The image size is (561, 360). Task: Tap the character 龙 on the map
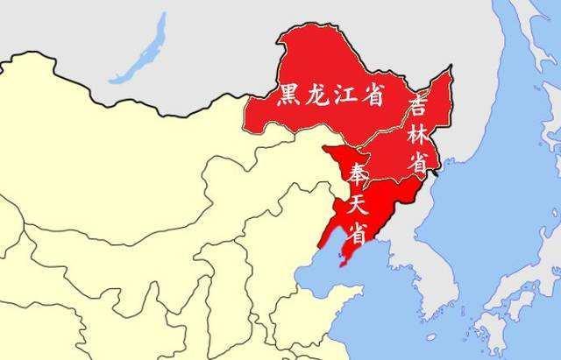click(x=318, y=96)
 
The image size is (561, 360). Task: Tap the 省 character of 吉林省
click(x=420, y=162)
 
